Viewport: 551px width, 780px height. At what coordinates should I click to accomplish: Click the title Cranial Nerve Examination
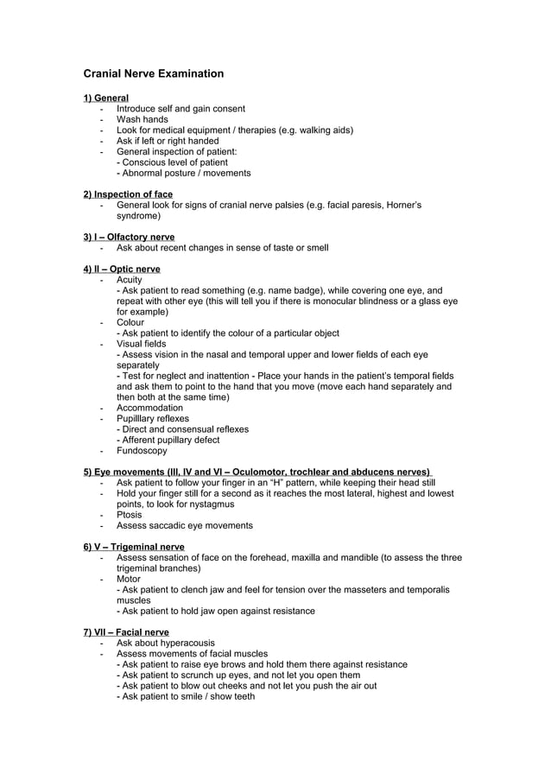pyautogui.click(x=153, y=73)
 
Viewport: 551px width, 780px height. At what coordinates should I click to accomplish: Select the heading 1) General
pyautogui.click(x=105, y=98)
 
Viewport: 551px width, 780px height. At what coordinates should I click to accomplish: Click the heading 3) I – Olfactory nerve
pyautogui.click(x=129, y=237)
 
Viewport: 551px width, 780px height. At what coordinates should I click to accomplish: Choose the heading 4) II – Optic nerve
pyautogui.click(x=122, y=270)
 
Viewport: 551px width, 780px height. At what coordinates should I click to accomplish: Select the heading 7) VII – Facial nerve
pyautogui.click(x=126, y=632)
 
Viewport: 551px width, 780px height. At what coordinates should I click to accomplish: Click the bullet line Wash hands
pyautogui.click(x=142, y=119)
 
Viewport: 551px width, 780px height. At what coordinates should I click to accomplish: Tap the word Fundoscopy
pyautogui.click(x=142, y=450)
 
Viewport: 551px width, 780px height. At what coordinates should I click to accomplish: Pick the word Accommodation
pyautogui.click(x=149, y=408)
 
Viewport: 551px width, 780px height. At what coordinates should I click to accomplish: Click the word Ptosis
pyautogui.click(x=130, y=515)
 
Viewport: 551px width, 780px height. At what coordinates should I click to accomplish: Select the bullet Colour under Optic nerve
pyautogui.click(x=130, y=322)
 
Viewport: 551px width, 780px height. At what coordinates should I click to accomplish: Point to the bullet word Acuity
pyautogui.click(x=130, y=280)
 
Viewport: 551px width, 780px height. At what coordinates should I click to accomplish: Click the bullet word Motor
pyautogui.click(x=129, y=579)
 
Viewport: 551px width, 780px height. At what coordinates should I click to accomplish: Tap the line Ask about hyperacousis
pyautogui.click(x=166, y=643)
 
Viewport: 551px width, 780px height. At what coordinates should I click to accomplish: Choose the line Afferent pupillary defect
pyautogui.click(x=169, y=440)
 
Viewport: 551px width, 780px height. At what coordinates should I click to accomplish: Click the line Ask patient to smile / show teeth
pyautogui.click(x=187, y=696)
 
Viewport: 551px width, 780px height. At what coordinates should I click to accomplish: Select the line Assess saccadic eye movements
pyautogui.click(x=185, y=525)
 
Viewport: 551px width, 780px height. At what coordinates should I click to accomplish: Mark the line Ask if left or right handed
pyautogui.click(x=168, y=141)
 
